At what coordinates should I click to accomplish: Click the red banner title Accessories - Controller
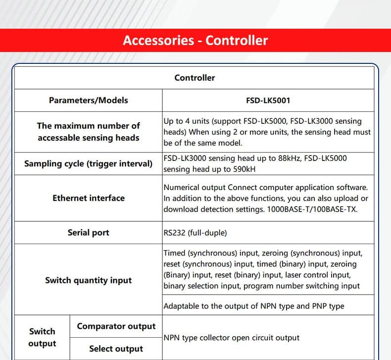(195, 40)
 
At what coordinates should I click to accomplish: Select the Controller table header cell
(195, 78)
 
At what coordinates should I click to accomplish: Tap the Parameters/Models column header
(88, 101)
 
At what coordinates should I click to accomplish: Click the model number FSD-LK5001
(268, 101)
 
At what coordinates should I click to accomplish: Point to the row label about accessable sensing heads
(88, 132)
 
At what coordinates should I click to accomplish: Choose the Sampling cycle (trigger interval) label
(88, 163)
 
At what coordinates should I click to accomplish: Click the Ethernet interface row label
(88, 198)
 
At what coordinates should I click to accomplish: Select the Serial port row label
(88, 233)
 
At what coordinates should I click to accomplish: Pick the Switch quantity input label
(88, 280)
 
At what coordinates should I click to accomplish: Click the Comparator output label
(116, 326)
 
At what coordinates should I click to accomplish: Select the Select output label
(116, 349)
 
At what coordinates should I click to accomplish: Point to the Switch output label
(42, 337)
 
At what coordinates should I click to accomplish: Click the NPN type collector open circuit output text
(232, 338)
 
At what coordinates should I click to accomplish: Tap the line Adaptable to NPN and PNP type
(253, 306)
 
